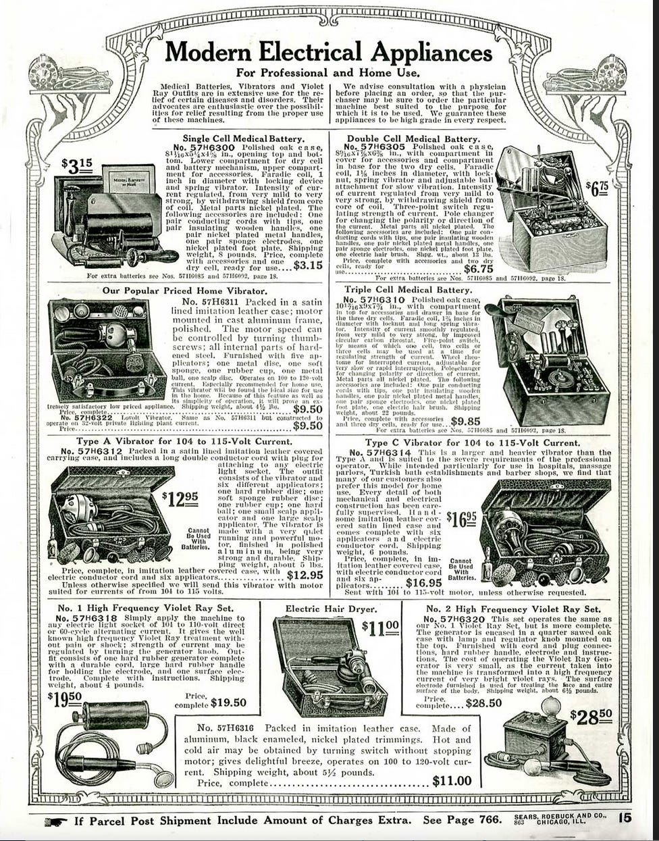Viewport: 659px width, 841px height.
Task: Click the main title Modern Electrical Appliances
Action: coord(329,52)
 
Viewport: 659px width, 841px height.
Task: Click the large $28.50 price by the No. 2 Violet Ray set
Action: coord(591,715)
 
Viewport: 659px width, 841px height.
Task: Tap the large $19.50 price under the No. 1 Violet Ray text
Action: coord(65,696)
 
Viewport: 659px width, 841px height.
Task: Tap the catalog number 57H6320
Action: coord(463,619)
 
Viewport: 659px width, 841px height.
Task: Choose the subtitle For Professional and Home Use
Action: coord(329,72)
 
